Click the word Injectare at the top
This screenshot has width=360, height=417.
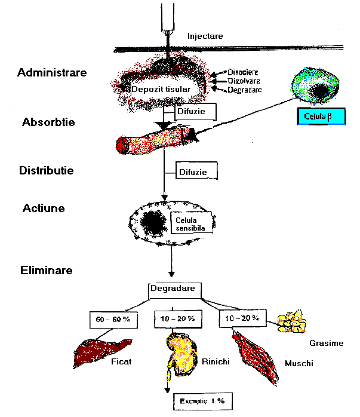[x=205, y=36]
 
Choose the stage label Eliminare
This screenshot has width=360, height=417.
[x=45, y=270]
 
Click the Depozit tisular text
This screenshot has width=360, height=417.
[x=161, y=89]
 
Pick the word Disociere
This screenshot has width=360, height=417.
[x=243, y=72]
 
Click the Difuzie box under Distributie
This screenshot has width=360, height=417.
[x=195, y=172]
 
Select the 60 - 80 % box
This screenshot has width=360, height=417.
[x=113, y=319]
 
